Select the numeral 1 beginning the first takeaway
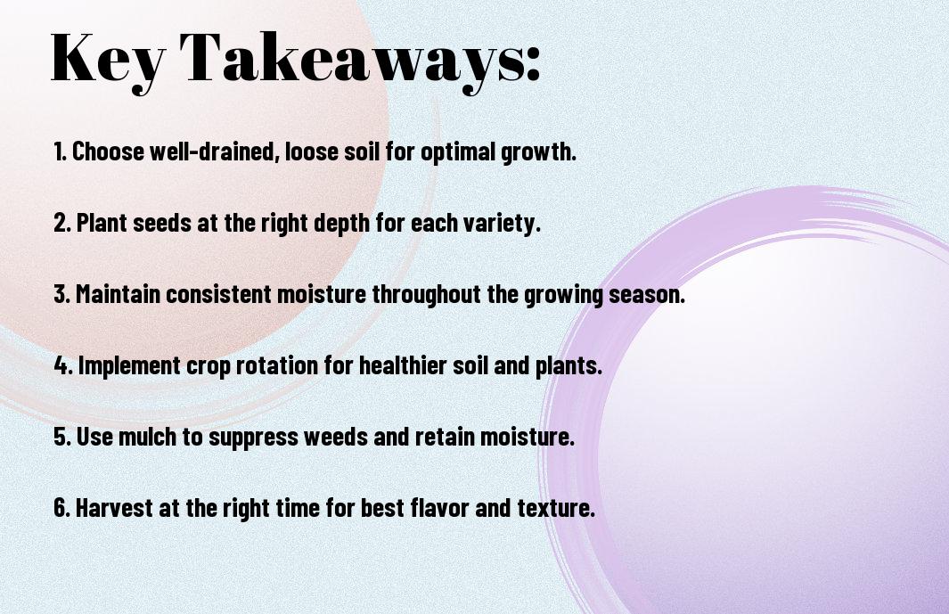tap(59, 151)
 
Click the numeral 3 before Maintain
tap(60, 294)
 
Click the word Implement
tap(129, 365)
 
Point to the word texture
tap(556, 508)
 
